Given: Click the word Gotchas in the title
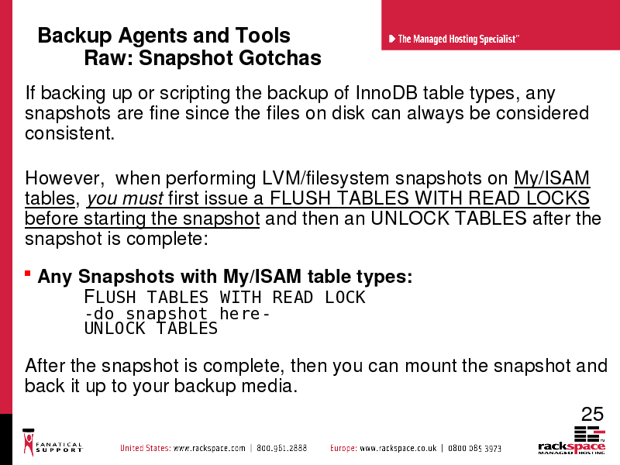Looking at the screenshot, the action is [x=280, y=57].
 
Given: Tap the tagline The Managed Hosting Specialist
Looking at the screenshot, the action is [x=458, y=39].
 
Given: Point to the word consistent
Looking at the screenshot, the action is [x=70, y=133].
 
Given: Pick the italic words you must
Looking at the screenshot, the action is [x=125, y=198].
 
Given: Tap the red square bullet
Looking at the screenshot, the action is [x=28, y=274].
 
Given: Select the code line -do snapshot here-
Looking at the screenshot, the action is [x=177, y=314].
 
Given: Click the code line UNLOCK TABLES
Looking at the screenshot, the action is [x=151, y=329].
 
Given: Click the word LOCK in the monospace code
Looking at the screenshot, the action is [x=345, y=298].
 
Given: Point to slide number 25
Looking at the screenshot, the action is [x=592, y=414].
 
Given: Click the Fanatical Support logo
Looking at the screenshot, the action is [x=52, y=442].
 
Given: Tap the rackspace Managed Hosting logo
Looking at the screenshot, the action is [x=571, y=440].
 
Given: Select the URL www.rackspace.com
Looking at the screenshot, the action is [x=209, y=448].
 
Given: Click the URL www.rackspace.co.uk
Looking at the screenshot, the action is [x=398, y=448].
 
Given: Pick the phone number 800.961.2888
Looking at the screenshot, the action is [x=281, y=448].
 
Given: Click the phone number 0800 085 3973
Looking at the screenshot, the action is [x=474, y=448].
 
